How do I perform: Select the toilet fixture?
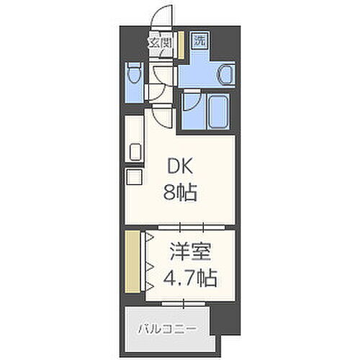point(132,76)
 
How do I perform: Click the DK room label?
point(181,166)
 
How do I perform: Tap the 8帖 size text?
point(181,192)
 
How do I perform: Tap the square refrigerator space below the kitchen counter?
point(134,179)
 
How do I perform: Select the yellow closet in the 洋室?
point(131,261)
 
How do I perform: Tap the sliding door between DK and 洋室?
point(179,228)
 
